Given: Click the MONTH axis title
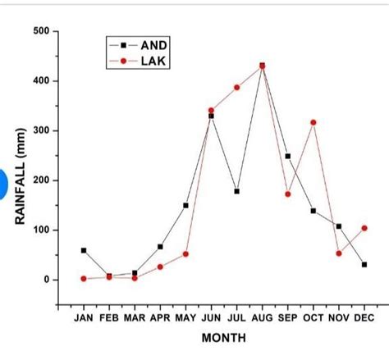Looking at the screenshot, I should [222, 337].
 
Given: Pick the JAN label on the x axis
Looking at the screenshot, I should [84, 317].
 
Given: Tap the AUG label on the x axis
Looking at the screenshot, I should [262, 317].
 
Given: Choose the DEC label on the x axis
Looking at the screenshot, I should [364, 317].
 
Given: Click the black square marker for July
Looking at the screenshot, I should [236, 191].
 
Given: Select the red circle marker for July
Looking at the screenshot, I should [236, 87].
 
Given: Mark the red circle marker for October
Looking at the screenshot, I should [313, 122].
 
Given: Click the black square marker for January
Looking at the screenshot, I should [84, 250].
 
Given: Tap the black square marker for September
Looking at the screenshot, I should [287, 156].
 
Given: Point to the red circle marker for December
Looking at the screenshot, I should [364, 228].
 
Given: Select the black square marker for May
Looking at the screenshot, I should [185, 205].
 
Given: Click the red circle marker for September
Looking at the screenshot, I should [287, 194].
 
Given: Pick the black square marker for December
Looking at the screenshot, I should [364, 264].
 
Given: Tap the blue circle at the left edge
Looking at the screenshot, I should [4, 182].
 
